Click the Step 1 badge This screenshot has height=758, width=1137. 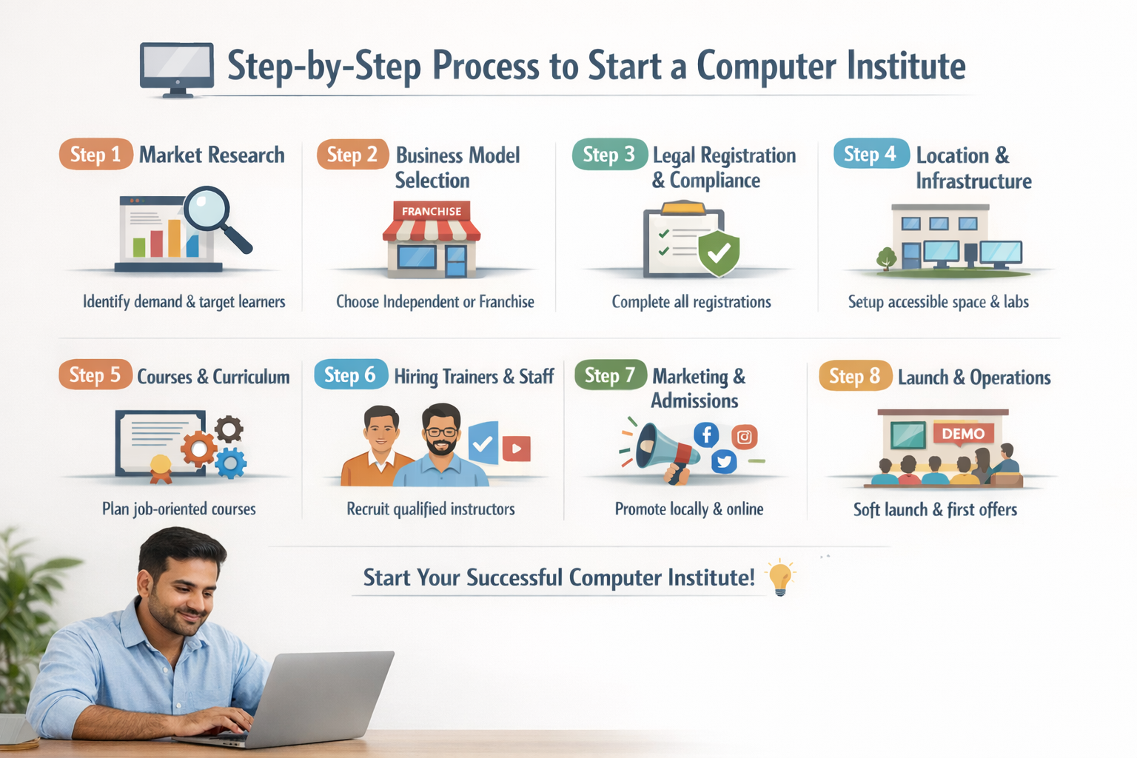click(x=95, y=154)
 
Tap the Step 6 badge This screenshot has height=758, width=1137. click(x=350, y=375)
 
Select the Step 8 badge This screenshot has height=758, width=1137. click(x=855, y=376)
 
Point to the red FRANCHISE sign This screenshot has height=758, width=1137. click(x=432, y=212)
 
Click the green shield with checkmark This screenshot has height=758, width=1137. click(x=719, y=252)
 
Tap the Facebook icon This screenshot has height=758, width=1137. click(x=706, y=435)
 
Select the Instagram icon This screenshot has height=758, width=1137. click(x=744, y=437)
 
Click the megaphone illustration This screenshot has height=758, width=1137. click(x=663, y=449)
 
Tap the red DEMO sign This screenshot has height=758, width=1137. click(x=963, y=433)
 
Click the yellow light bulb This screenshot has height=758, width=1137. click(x=779, y=577)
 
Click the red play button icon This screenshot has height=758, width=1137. click(x=516, y=448)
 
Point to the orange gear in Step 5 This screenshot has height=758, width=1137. click(x=198, y=449)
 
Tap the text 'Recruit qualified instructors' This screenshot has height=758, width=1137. click(x=430, y=509)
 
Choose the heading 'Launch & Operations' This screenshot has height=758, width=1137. click(x=974, y=378)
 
